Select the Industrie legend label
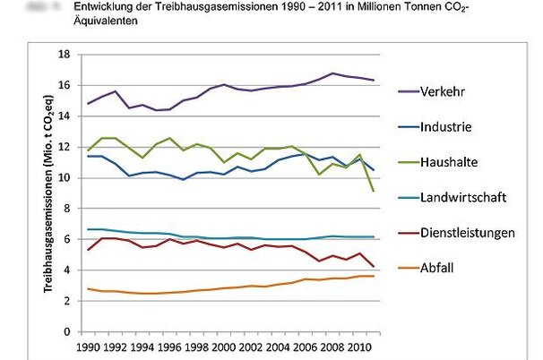[x=446, y=127]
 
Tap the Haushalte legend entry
[x=450, y=162]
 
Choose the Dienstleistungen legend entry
[x=467, y=233]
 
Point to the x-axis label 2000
[x=224, y=346]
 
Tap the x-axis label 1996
[x=169, y=346]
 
